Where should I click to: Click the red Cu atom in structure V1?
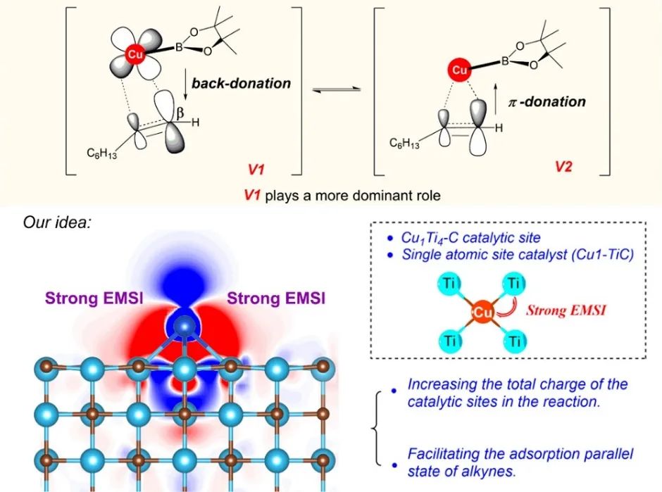(132, 53)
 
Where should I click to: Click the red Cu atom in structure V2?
(459, 70)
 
